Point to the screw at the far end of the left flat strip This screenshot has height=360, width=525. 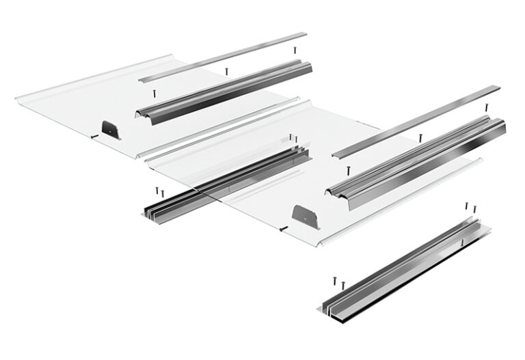point(295,50)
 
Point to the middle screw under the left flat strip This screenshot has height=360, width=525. point(227,70)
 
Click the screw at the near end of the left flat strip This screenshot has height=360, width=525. point(154,91)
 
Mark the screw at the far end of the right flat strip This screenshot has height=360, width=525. point(486,107)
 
